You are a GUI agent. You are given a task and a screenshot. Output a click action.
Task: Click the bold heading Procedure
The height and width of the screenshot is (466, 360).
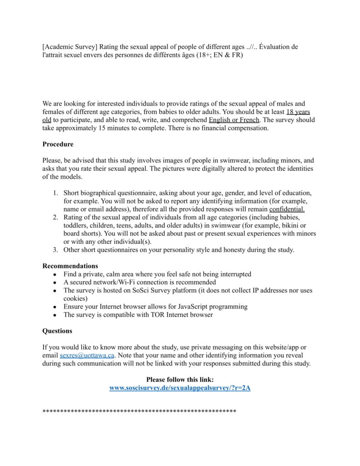[x=58, y=144]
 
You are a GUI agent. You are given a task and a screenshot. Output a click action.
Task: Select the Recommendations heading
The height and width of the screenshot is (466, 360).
[x=70, y=266]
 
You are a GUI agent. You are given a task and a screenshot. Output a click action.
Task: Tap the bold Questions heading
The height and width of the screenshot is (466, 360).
[x=57, y=331]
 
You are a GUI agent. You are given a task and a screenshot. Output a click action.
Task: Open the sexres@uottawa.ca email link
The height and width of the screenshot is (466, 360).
[x=87, y=355]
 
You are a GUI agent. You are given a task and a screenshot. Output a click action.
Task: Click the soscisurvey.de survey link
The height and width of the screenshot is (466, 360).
[x=180, y=388]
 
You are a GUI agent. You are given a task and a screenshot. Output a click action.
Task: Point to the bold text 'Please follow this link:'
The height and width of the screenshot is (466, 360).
[x=180, y=380]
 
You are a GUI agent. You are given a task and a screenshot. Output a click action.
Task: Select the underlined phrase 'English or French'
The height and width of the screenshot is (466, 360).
[x=234, y=120]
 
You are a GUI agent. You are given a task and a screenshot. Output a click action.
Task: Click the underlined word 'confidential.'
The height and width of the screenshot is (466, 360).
[x=287, y=209]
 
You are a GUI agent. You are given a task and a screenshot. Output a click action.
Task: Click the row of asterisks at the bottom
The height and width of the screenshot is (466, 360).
[x=139, y=411]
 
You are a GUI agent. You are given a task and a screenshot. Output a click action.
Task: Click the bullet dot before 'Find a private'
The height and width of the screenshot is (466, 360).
[x=55, y=274]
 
